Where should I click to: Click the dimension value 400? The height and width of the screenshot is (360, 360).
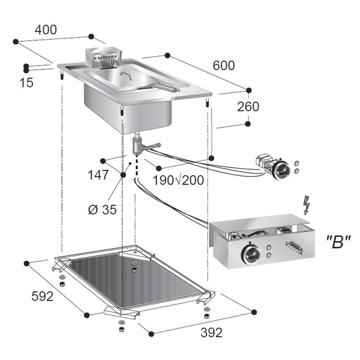(x=45, y=29)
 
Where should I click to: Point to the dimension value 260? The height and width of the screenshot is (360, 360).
(x=248, y=107)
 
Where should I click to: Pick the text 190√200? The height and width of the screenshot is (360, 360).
(x=178, y=180)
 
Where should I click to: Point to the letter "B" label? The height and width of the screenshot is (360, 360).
(x=337, y=241)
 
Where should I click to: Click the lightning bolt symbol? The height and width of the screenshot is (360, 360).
(x=308, y=205)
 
